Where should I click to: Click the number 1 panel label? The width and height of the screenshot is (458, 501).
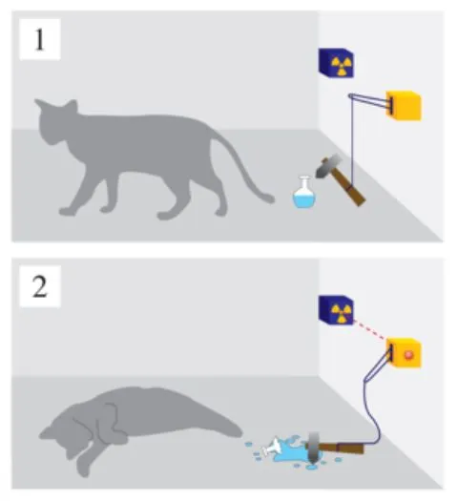39,39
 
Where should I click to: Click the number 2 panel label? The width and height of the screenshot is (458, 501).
40,286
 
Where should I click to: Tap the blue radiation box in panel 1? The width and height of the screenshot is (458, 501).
336,63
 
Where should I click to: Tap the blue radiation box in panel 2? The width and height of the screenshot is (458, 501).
336,310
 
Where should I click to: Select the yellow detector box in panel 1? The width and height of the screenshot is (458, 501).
404,106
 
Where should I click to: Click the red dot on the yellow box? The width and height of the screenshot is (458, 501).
408,355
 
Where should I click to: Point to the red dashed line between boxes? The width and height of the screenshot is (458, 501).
370,330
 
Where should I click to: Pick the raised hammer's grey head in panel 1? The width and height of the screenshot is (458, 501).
328,165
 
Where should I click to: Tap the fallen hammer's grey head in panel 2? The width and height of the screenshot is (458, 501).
314,448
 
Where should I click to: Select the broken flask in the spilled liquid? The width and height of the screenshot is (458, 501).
273,448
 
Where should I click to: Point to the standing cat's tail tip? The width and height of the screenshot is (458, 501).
271,199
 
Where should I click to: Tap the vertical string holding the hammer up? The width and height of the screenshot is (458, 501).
352,140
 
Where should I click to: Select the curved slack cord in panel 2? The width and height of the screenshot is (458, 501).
374,403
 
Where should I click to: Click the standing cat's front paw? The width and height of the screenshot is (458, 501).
68,211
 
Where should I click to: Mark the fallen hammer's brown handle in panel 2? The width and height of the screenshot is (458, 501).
341,448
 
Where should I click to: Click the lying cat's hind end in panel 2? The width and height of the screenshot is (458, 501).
223,425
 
